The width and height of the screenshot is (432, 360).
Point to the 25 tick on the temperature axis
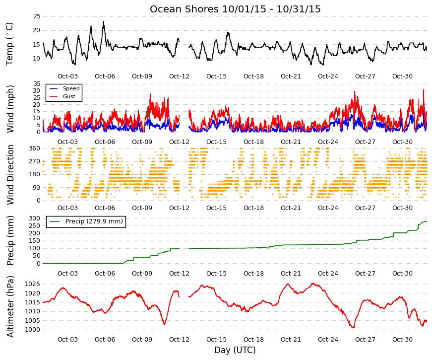pos(37,16)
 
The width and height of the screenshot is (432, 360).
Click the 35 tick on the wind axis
pos(37,84)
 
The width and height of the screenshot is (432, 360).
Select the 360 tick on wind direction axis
pos(35,148)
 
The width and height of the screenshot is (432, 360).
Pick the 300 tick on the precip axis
pos(35,218)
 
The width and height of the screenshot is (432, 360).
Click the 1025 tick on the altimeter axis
pos(33,284)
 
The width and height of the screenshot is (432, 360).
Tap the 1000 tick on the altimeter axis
pos(33,330)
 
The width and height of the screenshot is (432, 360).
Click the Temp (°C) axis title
pos(9,44)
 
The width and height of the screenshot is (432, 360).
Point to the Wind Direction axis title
pos(10,175)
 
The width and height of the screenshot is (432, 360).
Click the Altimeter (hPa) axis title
pos(10,306)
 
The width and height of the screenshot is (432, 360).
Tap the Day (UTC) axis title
pos(235,350)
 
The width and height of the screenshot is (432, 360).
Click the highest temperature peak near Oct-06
pos(104,21)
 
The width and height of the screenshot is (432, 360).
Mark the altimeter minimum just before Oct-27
pos(353,327)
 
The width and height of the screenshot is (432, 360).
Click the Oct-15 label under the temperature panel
pos(216,76)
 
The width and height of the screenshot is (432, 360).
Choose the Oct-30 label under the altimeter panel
pos(402,340)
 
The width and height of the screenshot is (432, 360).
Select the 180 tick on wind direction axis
pos(35,174)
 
